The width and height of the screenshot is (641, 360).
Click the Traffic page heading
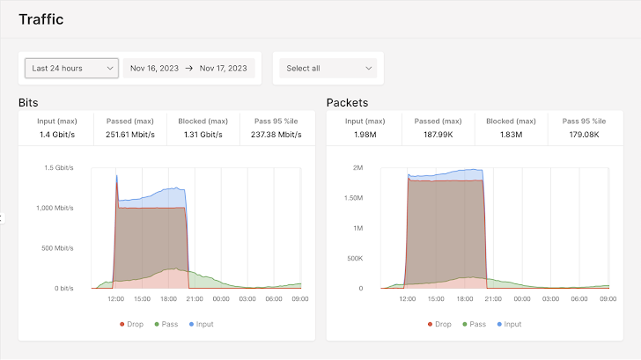[41, 19]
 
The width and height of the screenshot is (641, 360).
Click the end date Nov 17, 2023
[224, 68]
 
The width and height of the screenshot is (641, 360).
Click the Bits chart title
[28, 103]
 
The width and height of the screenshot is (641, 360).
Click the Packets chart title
[347, 103]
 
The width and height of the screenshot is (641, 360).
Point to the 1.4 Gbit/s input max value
[56, 135]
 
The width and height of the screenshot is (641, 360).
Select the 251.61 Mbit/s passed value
[130, 135]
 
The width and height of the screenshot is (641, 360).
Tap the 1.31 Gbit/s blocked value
[203, 135]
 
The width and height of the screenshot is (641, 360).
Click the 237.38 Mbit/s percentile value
[276, 135]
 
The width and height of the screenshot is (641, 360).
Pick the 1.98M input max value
[364, 135]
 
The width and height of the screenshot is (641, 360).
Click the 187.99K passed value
[438, 135]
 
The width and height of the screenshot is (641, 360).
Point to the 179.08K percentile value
[584, 135]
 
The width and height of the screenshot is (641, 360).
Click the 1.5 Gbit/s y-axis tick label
[59, 167]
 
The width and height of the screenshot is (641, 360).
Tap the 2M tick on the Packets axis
[357, 167]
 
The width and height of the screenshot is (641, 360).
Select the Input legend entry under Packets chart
[508, 324]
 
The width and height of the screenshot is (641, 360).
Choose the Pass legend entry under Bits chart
[166, 324]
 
